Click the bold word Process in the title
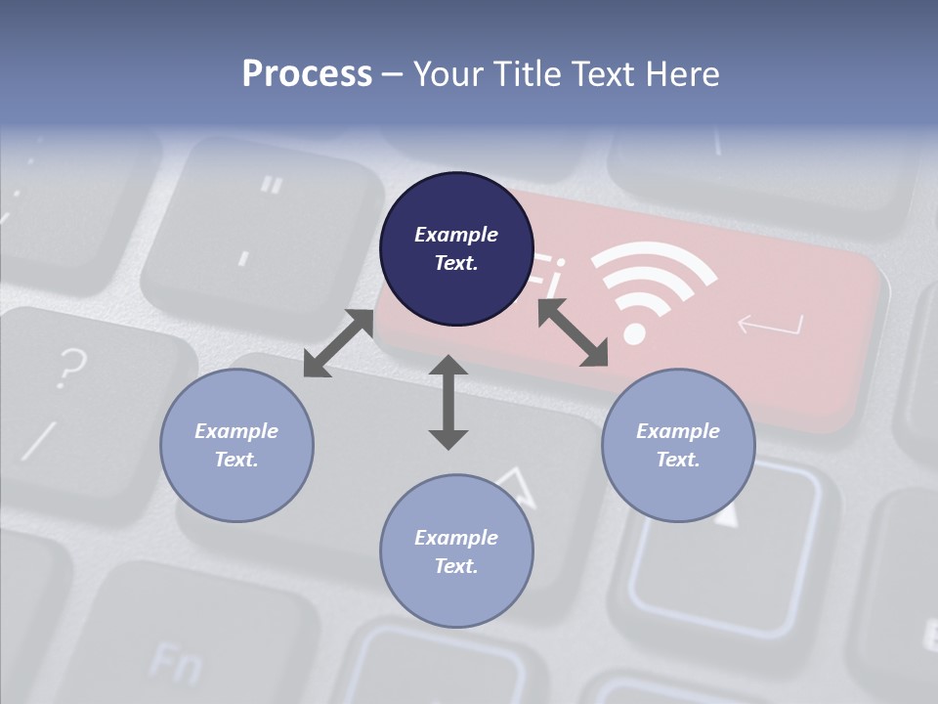click(x=307, y=74)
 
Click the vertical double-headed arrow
click(x=448, y=403)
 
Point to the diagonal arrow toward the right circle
click(x=573, y=333)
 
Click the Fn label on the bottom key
click(x=176, y=664)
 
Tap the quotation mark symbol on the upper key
click(x=273, y=184)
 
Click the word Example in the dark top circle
click(x=456, y=235)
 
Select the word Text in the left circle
click(x=236, y=460)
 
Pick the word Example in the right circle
click(x=678, y=431)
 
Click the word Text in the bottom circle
click(x=456, y=566)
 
